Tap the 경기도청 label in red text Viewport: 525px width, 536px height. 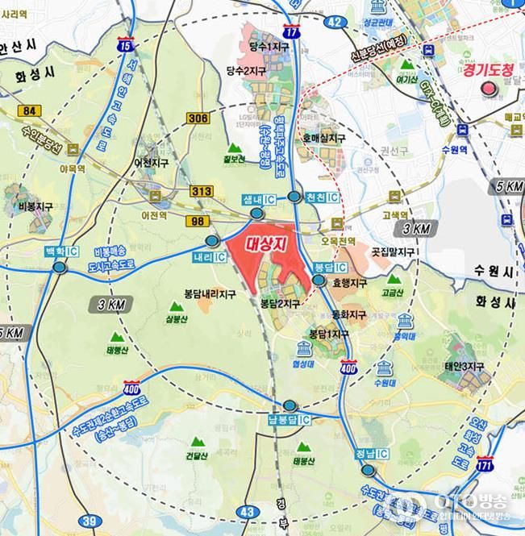488,71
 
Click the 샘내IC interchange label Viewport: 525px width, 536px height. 258,198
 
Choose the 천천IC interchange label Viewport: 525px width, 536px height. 322,197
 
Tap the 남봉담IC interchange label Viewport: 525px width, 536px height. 289,420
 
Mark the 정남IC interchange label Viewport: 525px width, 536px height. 370,453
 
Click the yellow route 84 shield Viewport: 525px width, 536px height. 30,110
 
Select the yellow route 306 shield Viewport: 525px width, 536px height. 197,118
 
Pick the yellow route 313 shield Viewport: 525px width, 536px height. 202,191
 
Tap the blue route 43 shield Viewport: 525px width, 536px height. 248,511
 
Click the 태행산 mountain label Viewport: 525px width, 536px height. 117,350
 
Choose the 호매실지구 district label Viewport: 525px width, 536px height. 323,139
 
